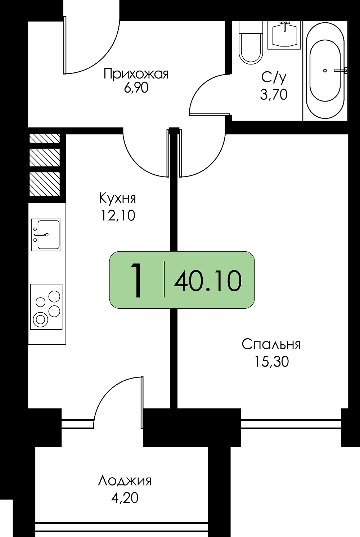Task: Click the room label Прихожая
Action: point(136,74)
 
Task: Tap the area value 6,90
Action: point(136,88)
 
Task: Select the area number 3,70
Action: point(274,94)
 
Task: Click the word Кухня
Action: point(117,198)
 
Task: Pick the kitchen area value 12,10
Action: point(118,215)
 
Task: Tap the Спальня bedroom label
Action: point(271,345)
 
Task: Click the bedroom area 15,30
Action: point(271,362)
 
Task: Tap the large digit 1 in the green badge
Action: point(136,280)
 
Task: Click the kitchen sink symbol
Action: point(46,235)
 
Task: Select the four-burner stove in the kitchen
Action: point(46,306)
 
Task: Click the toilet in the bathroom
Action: point(251,42)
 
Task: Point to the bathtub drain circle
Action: point(325,71)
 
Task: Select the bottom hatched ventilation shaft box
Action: point(44,184)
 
